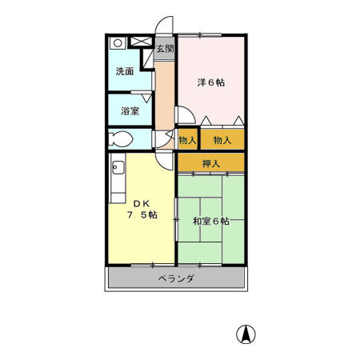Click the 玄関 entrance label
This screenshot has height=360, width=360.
click(x=164, y=49)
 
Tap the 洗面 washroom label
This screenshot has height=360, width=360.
click(x=125, y=71)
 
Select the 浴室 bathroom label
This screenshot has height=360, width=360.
click(x=130, y=110)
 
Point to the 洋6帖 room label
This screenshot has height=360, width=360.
click(x=211, y=82)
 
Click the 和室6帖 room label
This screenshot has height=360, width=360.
click(x=210, y=221)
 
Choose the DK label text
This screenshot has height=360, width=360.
click(x=141, y=202)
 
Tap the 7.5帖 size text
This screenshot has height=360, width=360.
click(x=142, y=215)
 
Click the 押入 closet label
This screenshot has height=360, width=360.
click(x=211, y=164)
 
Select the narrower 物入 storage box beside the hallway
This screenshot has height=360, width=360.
click(x=187, y=140)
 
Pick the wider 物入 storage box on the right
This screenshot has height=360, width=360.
click(x=222, y=140)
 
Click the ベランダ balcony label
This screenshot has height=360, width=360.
click(x=176, y=279)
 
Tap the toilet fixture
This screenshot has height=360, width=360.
click(x=122, y=137)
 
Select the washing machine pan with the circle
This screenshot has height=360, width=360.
click(x=118, y=43)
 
